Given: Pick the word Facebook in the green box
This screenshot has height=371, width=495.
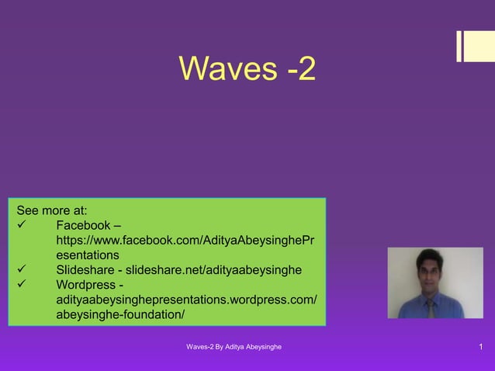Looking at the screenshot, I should [82, 225].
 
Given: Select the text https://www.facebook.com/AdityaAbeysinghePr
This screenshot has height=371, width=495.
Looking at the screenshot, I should [185, 240].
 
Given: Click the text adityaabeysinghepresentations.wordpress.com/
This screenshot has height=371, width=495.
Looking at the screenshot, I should [186, 299].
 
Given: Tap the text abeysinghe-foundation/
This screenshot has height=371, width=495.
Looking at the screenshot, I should [120, 314].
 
